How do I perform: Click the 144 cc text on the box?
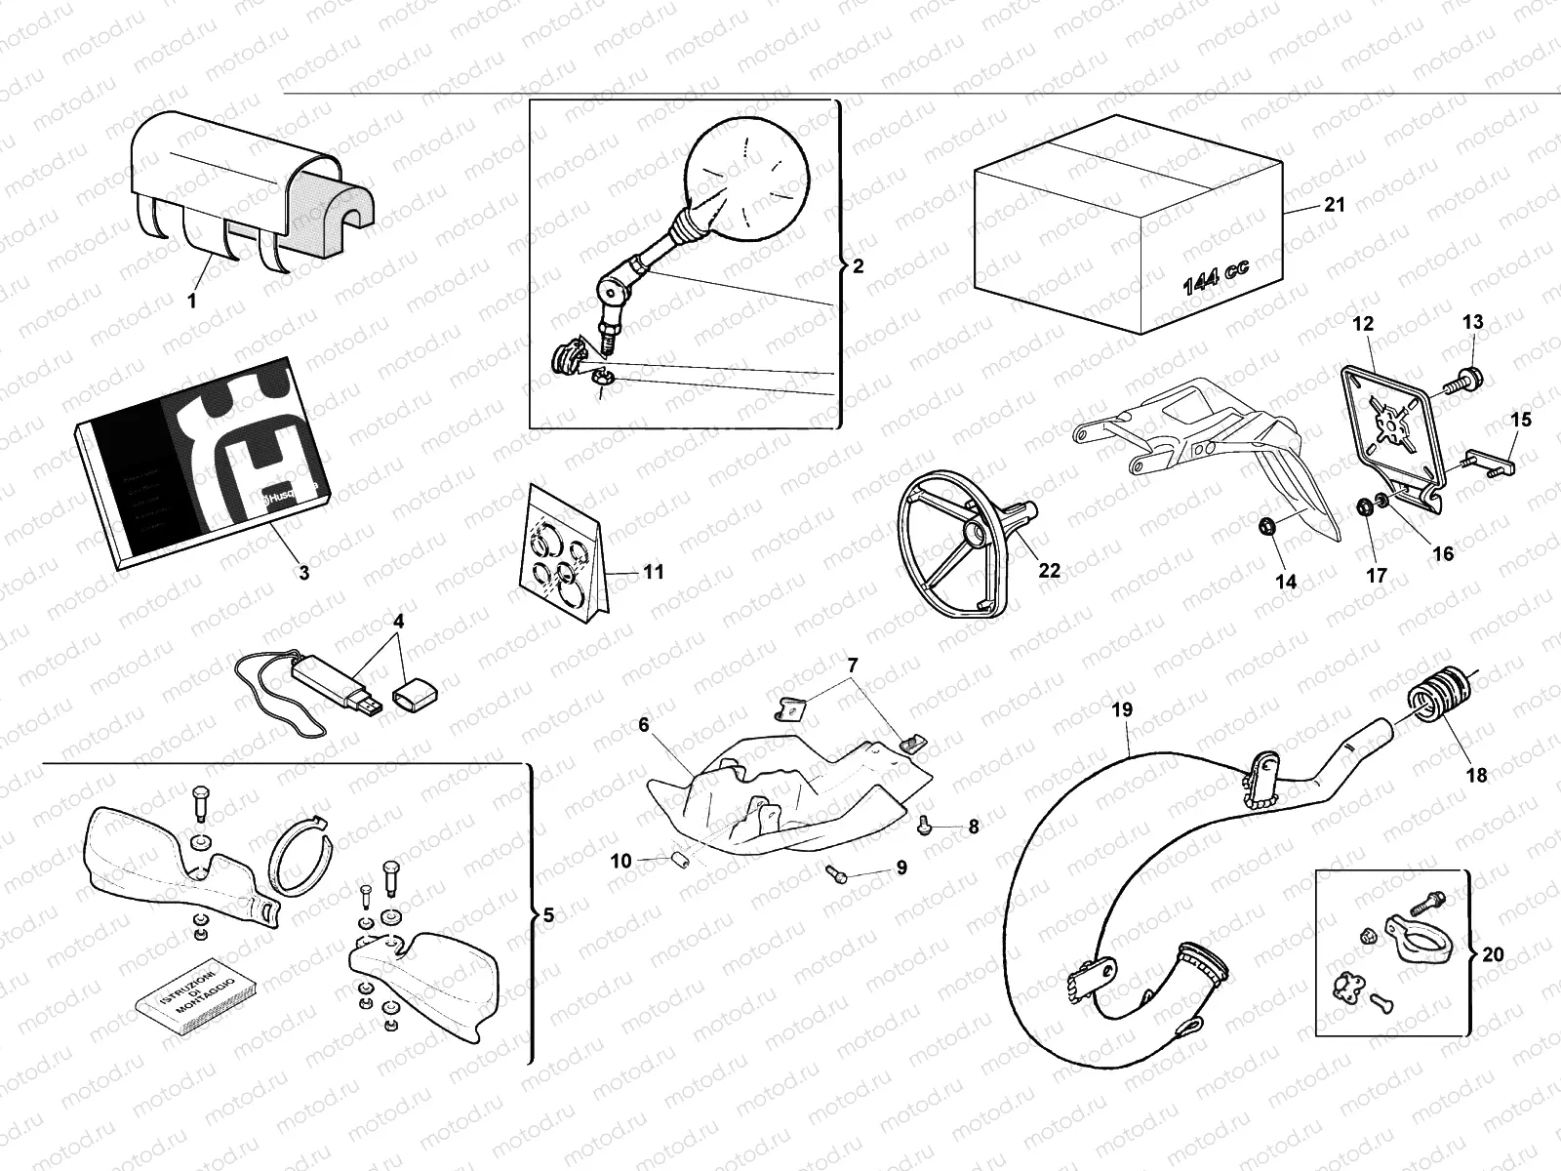[1215, 277]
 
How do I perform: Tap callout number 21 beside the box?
[1334, 205]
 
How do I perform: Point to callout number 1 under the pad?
[191, 302]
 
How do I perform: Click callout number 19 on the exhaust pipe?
[1122, 710]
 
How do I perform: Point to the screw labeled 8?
[922, 826]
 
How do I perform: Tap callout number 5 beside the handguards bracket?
[548, 915]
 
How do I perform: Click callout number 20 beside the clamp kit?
[1493, 953]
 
